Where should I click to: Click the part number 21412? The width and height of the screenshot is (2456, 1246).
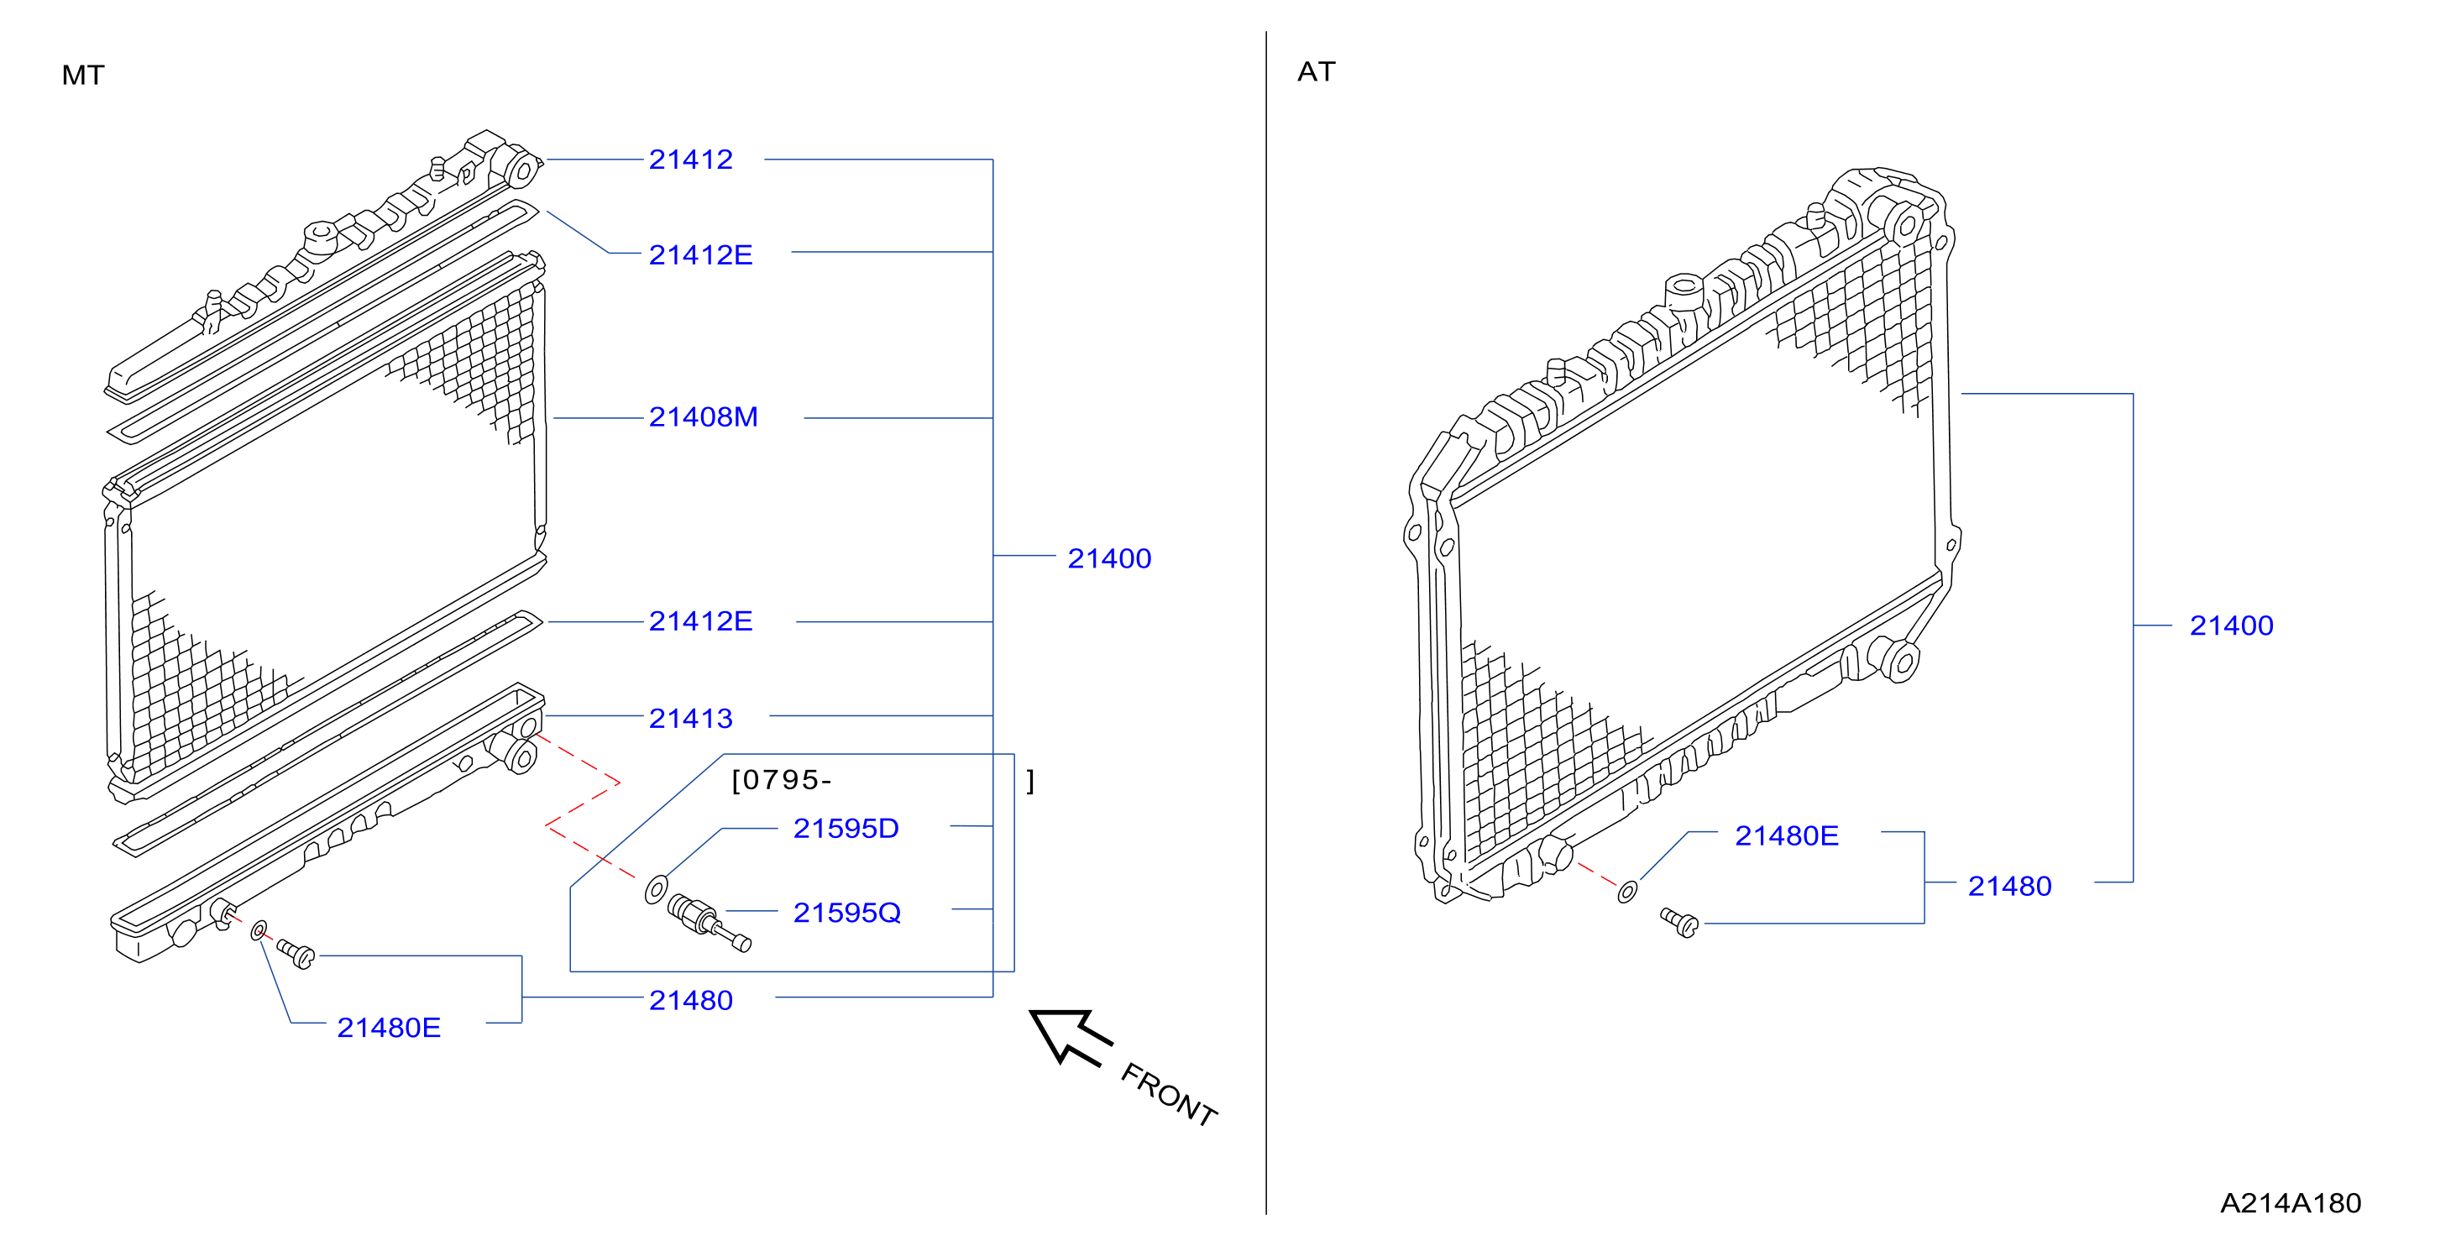[x=690, y=160]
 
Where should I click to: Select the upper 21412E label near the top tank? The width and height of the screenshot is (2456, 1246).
[x=701, y=254]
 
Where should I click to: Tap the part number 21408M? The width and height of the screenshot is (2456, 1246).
[x=704, y=416]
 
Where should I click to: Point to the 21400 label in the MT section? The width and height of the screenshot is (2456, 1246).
[x=1109, y=558]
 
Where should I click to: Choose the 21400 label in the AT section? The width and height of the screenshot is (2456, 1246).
[x=2231, y=626]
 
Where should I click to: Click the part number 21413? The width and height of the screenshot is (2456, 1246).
[x=690, y=718]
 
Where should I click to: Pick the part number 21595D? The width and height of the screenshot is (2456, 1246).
[x=846, y=829]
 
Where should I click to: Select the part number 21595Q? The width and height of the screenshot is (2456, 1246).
[x=846, y=913]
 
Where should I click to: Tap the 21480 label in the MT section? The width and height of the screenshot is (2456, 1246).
[x=690, y=1000]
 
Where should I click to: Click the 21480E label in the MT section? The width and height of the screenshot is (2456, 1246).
[x=388, y=1028]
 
